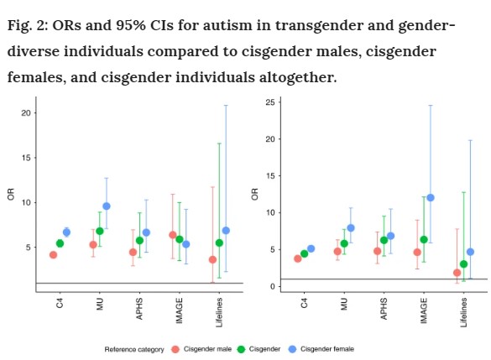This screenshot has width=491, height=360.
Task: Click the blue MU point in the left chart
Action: click(107, 206)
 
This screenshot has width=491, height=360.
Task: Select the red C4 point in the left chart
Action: click(53, 255)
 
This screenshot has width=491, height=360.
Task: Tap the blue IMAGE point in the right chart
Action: click(431, 197)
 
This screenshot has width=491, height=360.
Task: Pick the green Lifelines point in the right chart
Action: click(464, 263)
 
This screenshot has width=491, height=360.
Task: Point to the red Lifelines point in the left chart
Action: click(212, 259)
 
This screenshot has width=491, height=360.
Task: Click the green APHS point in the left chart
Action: click(139, 240)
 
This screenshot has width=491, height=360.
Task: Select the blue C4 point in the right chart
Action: click(311, 248)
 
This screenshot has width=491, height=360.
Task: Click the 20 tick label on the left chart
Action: click(26, 113)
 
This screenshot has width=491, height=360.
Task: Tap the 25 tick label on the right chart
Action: click(270, 102)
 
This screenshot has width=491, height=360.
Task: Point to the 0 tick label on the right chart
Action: click(273, 286)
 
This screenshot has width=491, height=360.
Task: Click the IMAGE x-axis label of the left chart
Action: click(179, 310)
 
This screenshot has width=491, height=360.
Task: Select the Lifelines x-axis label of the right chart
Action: click(464, 312)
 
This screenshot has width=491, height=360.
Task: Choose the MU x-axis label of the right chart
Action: click(344, 304)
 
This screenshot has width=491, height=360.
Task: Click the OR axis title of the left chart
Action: click(11, 194)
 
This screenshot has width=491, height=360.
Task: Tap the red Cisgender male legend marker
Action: click(175, 349)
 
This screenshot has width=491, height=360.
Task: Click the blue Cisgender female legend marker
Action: click(292, 349)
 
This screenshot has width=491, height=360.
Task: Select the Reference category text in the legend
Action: click(134, 349)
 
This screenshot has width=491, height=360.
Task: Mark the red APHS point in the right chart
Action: click(378, 251)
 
